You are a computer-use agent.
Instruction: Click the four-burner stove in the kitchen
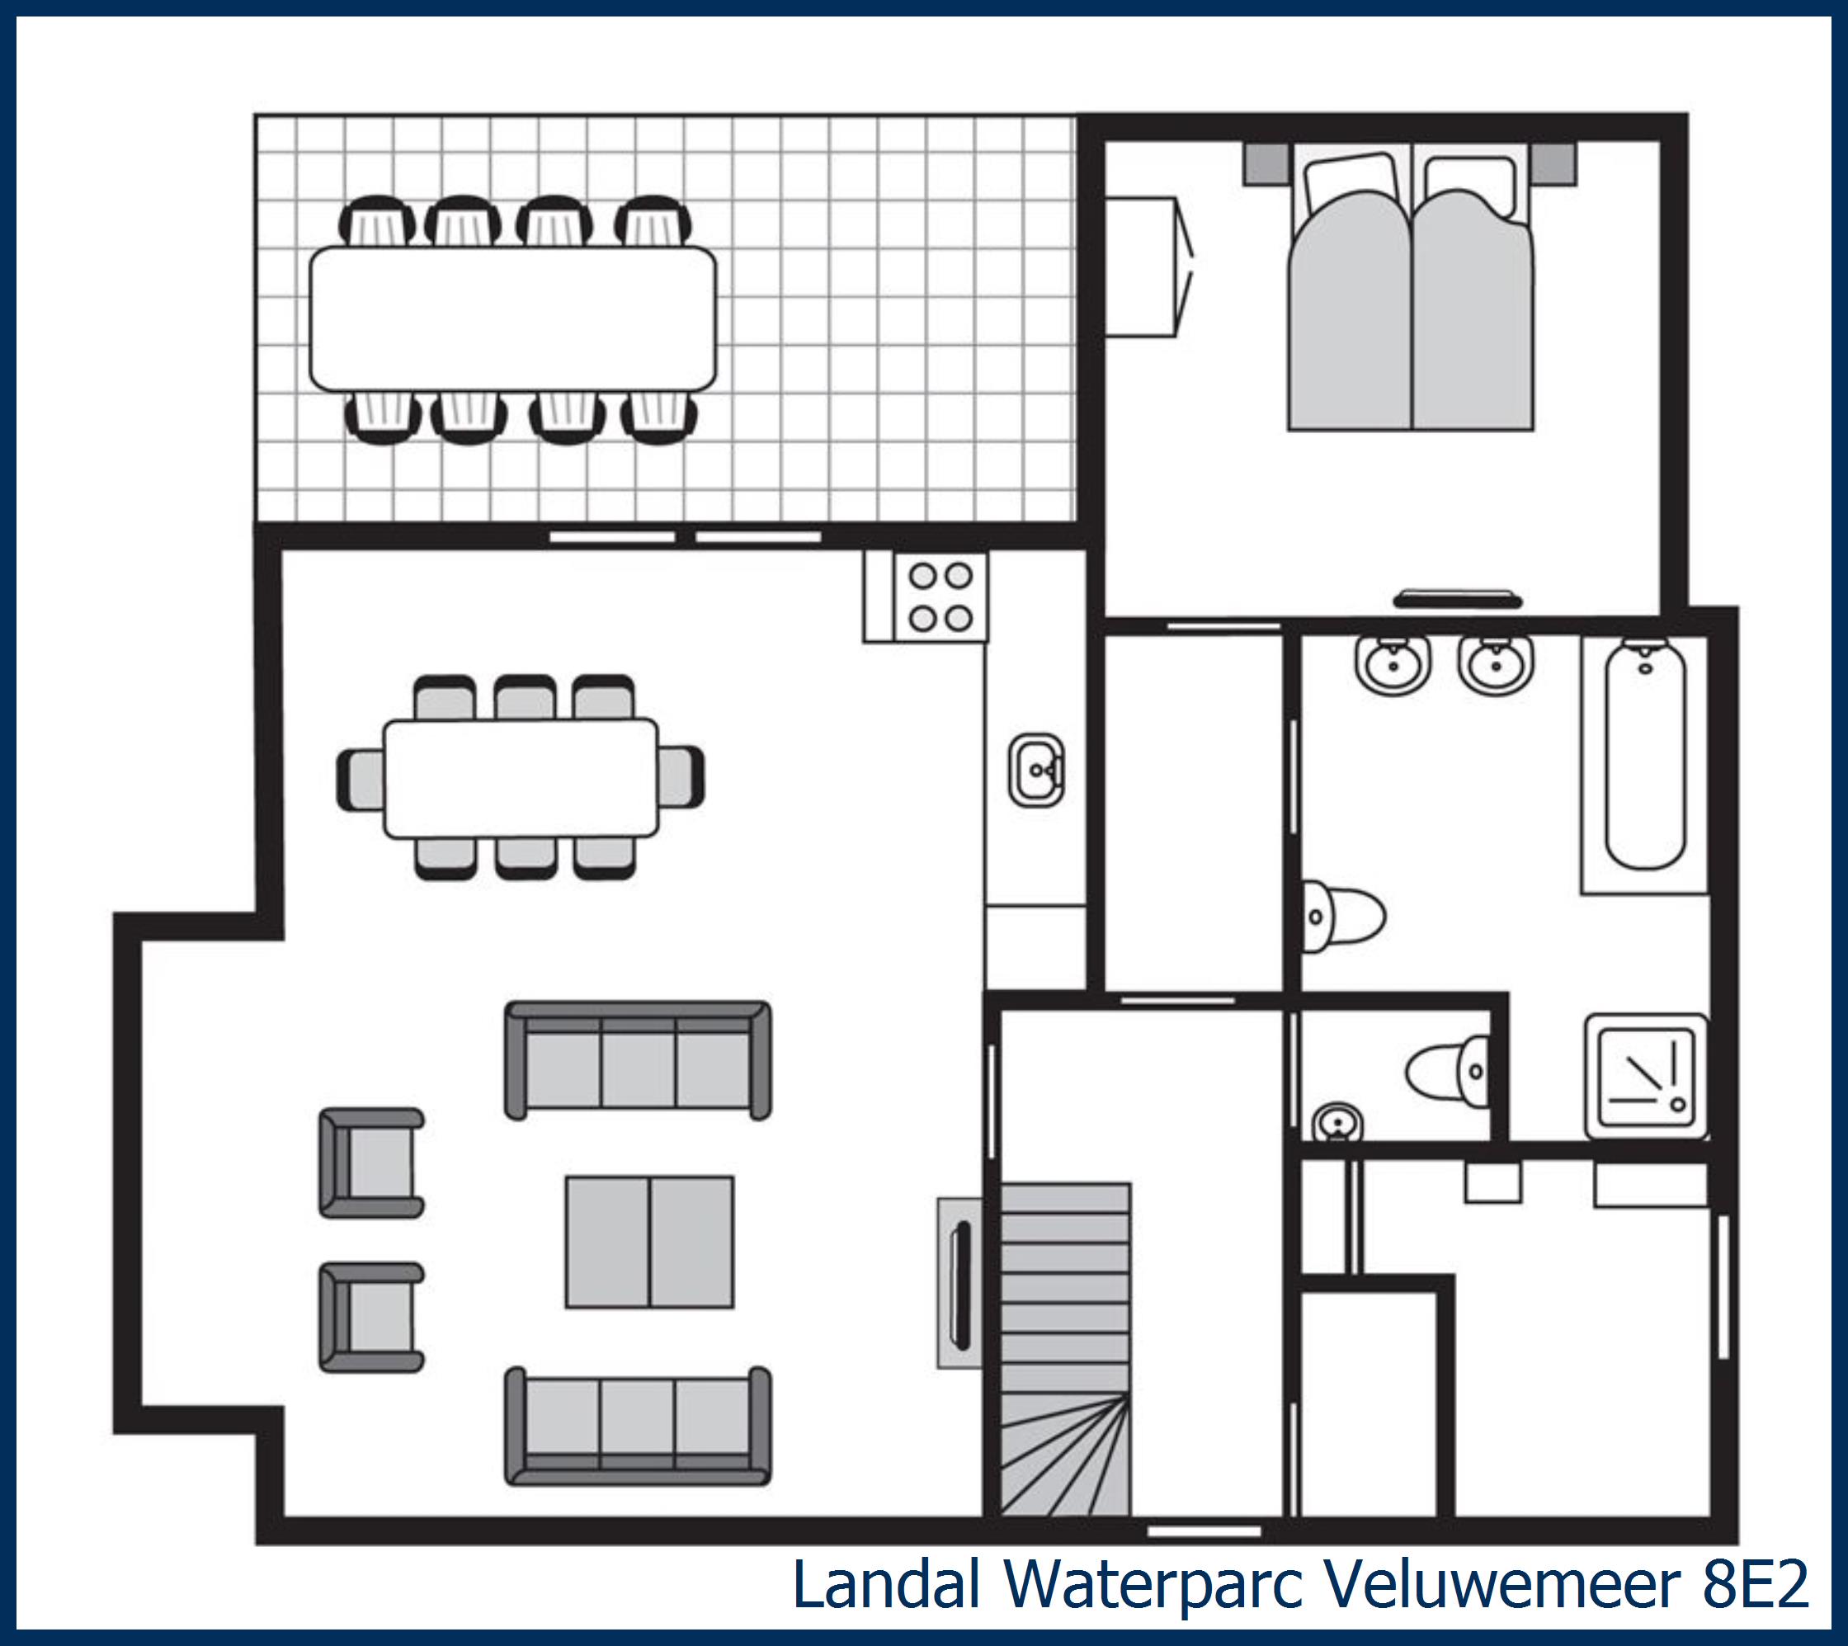tap(940, 597)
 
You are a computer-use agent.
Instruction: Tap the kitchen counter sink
tap(1036, 770)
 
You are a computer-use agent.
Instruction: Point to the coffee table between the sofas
tap(649, 1242)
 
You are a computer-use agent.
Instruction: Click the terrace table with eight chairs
tap(512, 318)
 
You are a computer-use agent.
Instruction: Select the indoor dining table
tap(521, 778)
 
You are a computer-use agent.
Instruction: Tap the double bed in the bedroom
tap(1411, 299)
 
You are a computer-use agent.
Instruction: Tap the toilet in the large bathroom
tap(1345, 916)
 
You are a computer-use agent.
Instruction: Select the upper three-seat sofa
tap(638, 1060)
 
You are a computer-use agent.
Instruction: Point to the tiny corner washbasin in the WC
tap(1337, 1123)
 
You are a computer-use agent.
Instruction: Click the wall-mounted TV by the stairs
tap(961, 1282)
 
